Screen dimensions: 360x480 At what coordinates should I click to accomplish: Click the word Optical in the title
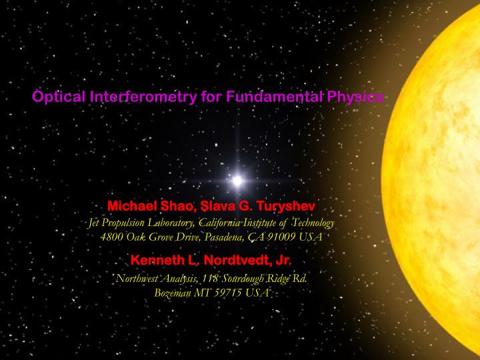pyautogui.click(x=58, y=98)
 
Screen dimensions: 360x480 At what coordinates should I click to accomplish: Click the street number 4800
pyautogui.click(x=112, y=236)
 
